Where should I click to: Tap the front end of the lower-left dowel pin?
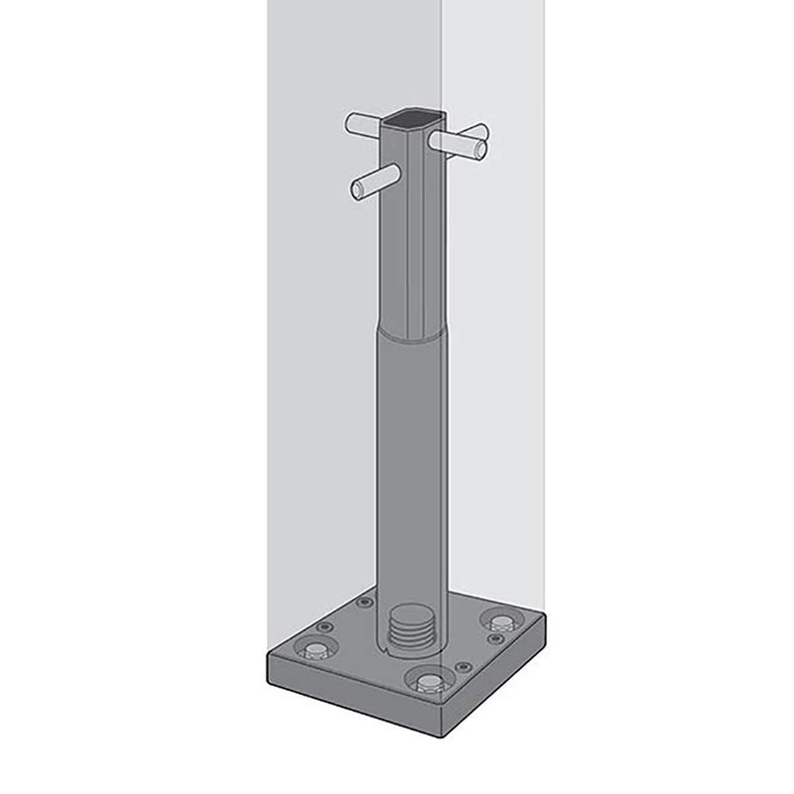(355, 188)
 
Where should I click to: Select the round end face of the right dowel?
(481, 150)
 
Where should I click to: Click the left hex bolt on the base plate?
(317, 651)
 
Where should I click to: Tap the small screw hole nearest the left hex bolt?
(324, 628)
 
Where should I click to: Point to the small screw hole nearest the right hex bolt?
(493, 639)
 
